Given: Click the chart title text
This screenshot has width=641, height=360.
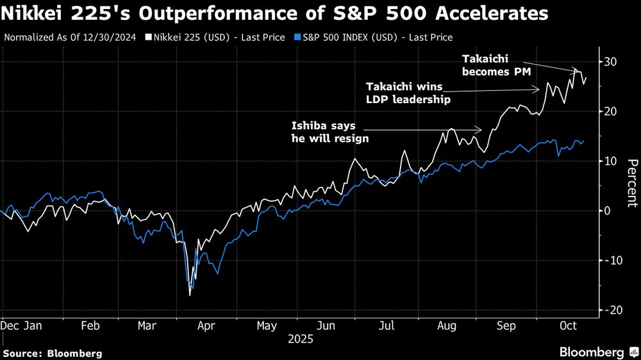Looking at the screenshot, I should (x=275, y=13).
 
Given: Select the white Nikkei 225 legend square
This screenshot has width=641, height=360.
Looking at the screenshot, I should (x=148, y=38).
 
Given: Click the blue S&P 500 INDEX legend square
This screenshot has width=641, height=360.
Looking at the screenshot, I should (x=299, y=38).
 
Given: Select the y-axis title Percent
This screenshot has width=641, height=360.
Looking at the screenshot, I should (x=631, y=183).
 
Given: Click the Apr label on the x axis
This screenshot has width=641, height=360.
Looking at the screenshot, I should (x=206, y=325).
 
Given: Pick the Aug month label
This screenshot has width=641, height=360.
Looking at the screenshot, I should (x=446, y=325).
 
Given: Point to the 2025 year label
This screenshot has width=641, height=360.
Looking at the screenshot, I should (x=299, y=339).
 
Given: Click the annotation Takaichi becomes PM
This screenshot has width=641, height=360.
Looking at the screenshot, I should (x=496, y=65).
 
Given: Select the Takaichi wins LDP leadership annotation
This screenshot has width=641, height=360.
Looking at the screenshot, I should (x=408, y=92).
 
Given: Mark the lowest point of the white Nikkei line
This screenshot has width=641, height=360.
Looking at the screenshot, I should (x=190, y=295).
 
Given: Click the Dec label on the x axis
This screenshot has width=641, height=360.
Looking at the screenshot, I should (x=9, y=325).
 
